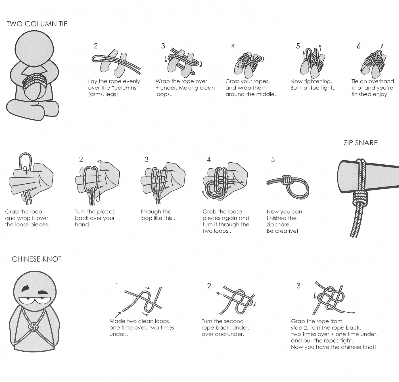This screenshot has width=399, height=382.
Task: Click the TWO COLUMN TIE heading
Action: pyautogui.click(x=37, y=24)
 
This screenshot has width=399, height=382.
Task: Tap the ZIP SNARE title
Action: pyautogui.click(x=361, y=143)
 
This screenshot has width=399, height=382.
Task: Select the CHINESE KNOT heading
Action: pyautogui.click(x=37, y=259)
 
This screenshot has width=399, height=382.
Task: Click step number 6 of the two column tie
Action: pyautogui.click(x=358, y=46)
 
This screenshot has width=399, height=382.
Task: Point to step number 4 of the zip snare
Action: pyautogui.click(x=209, y=159)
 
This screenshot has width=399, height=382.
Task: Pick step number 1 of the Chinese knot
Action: pyautogui.click(x=117, y=286)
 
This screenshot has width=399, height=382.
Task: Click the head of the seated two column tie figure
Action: pyautogui.click(x=34, y=49)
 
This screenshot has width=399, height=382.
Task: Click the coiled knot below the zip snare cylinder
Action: pyautogui.click(x=360, y=198)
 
